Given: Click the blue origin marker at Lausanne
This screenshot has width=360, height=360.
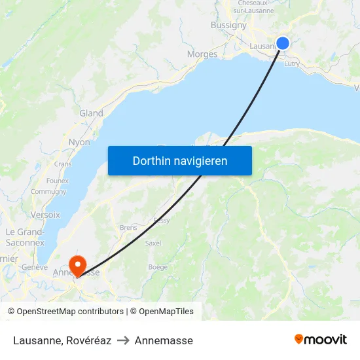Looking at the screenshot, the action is pyautogui.click(x=283, y=43).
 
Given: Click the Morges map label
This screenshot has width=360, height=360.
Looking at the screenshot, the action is pyautogui.click(x=202, y=54).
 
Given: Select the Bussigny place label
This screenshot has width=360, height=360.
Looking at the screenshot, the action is pyautogui.click(x=228, y=25).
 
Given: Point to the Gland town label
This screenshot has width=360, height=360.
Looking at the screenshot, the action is pyautogui.click(x=91, y=113).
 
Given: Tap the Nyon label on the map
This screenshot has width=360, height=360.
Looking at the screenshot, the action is pyautogui.click(x=79, y=142).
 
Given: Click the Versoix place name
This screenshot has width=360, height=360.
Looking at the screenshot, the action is pyautogui.click(x=45, y=215).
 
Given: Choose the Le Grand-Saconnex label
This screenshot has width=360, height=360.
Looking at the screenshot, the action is pyautogui.click(x=24, y=237).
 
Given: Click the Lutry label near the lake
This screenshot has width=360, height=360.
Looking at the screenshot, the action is pyautogui.click(x=292, y=63).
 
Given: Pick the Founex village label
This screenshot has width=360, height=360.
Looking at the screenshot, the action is pyautogui.click(x=58, y=181).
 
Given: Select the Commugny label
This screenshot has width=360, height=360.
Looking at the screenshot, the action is pyautogui.click(x=48, y=192).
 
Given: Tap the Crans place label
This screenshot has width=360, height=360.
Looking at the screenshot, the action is pyautogui.click(x=63, y=164).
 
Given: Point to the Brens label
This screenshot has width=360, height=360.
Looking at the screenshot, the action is pyautogui.click(x=128, y=228).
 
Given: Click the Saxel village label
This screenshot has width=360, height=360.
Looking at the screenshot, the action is pyautogui.click(x=153, y=243).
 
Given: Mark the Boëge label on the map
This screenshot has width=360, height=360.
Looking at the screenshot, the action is pyautogui.click(x=158, y=267).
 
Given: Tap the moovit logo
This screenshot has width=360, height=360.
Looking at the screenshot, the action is pyautogui.click(x=321, y=340).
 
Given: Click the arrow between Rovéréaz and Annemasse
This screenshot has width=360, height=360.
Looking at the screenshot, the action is pyautogui.click(x=123, y=340).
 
